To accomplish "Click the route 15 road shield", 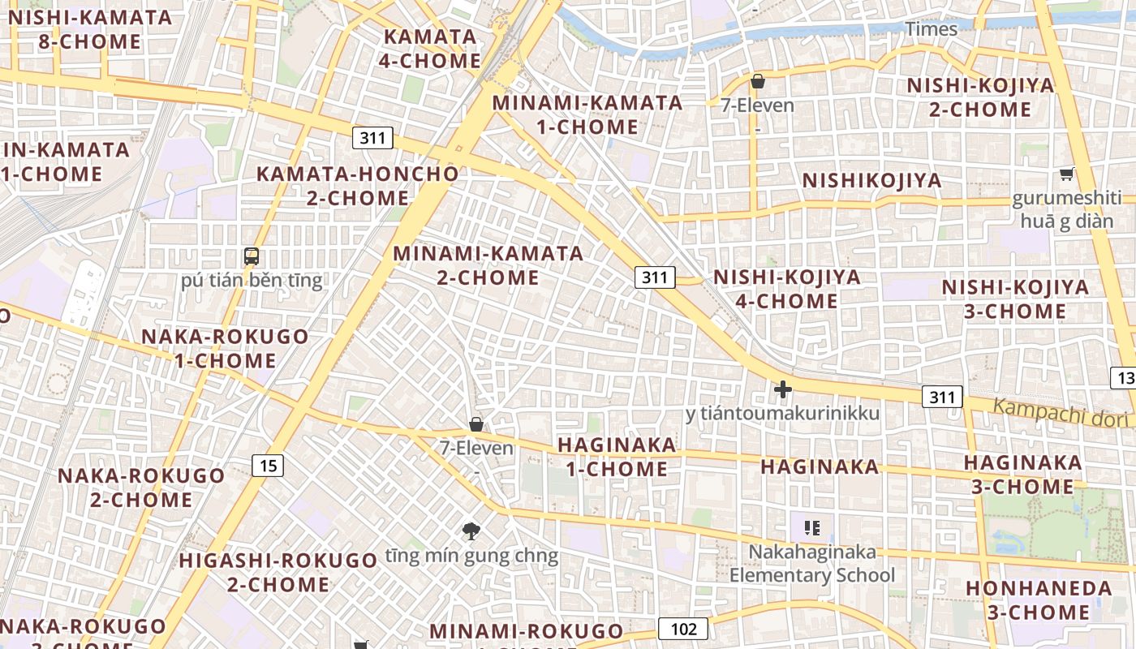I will click(269, 466).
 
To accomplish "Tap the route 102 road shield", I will click(683, 629).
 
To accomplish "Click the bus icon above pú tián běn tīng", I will click(252, 257).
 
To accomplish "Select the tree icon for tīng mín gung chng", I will click(471, 531).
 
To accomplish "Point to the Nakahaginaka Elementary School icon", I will click(812, 528).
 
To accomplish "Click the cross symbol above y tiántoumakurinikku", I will click(783, 390).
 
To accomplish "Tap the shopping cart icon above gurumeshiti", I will click(1066, 174).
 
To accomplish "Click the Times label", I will click(932, 29).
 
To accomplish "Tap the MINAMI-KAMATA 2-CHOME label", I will click(488, 265).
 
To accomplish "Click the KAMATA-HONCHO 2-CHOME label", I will click(358, 186).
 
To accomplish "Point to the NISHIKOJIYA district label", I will click(872, 181).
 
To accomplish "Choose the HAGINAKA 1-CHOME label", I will click(617, 457).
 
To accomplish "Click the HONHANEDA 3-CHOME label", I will click(1039, 600).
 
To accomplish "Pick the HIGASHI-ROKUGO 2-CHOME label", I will click(278, 572).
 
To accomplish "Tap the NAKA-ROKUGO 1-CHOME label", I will click(226, 348).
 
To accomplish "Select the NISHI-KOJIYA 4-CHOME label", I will click(786, 289).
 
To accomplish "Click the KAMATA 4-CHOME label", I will click(430, 49).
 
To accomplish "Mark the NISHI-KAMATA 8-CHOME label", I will click(90, 30).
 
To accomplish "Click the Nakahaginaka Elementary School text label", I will click(812, 564).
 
